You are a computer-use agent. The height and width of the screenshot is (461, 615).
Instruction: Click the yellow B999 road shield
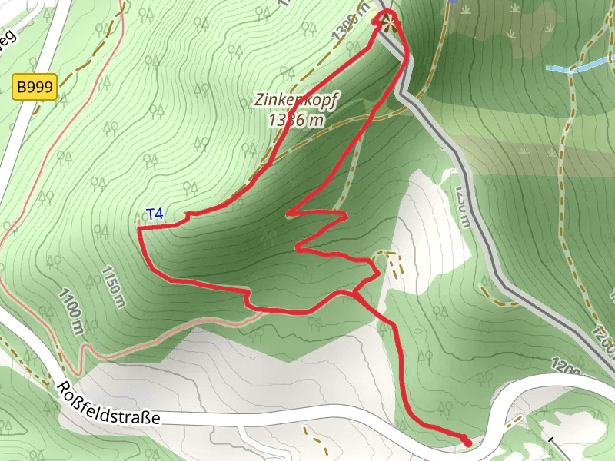pyautogui.click(x=34, y=88)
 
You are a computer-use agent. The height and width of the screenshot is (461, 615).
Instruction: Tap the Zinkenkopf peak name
pyautogui.click(x=297, y=101)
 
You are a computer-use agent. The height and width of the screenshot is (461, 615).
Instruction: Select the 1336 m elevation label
pyautogui.click(x=297, y=120)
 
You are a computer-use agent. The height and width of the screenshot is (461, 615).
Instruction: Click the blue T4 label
pyautogui.click(x=155, y=214)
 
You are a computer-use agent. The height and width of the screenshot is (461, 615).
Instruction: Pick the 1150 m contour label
pyautogui.click(x=112, y=287)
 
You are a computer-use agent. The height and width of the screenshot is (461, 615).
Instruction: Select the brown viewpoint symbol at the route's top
pyautogui.click(x=387, y=20)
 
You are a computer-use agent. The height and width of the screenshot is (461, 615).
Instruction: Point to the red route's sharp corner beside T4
pyautogui.click(x=139, y=229)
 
